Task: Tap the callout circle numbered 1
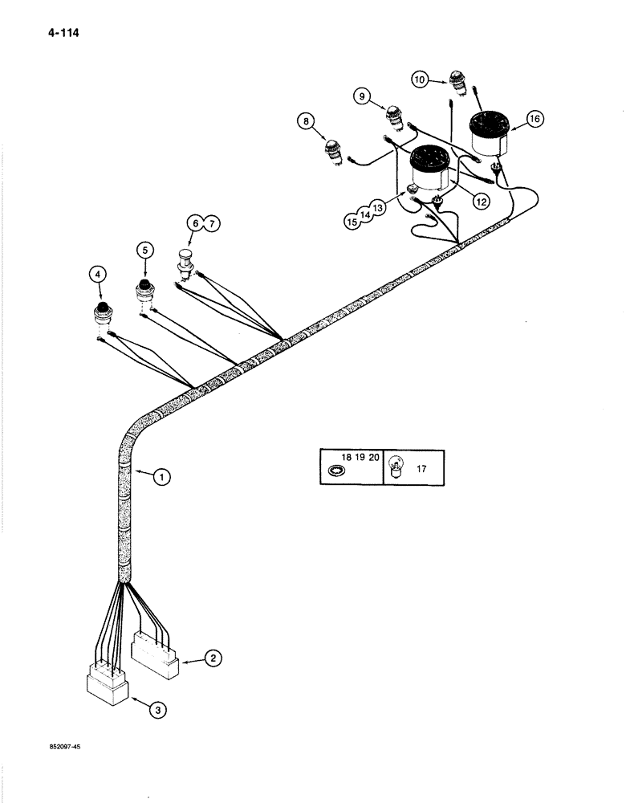click(162, 478)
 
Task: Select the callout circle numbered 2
click(213, 659)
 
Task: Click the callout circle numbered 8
click(305, 122)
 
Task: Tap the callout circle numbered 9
click(362, 96)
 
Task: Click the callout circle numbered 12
click(481, 202)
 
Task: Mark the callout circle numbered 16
click(534, 119)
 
